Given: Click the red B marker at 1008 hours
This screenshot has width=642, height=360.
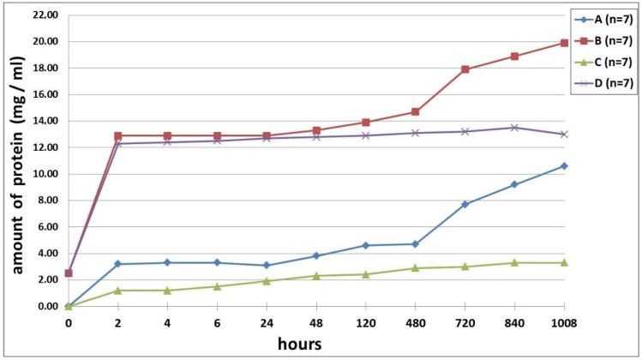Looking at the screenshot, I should [564, 43].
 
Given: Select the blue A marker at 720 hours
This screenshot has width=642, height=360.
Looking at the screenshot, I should [465, 204].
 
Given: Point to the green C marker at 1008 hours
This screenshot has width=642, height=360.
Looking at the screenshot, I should [564, 262].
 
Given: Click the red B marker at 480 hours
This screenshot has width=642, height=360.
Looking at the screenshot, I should [416, 111].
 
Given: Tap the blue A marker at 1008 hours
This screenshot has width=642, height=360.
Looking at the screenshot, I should [564, 165].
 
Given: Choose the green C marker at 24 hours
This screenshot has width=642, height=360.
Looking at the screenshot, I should [267, 281].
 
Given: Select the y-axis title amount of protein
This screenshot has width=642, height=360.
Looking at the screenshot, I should [16, 160].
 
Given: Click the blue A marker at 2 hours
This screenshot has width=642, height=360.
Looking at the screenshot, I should [117, 264].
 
